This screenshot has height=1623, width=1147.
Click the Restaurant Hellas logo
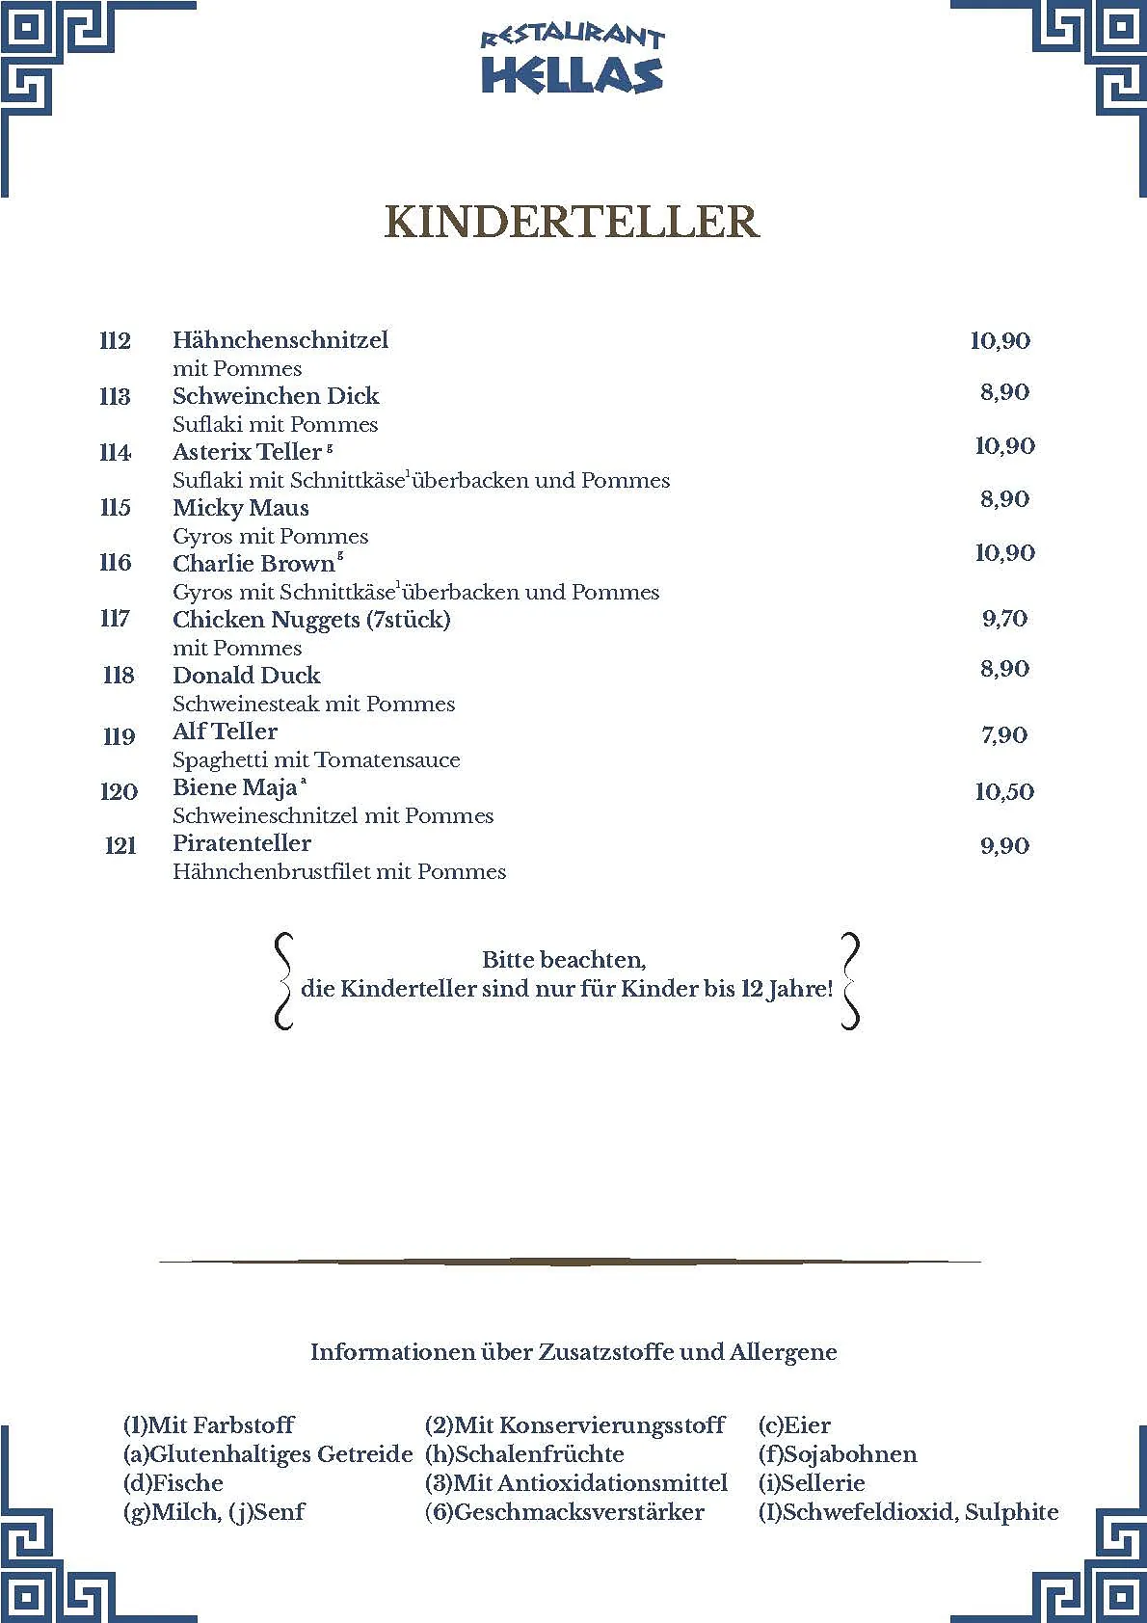tap(573, 61)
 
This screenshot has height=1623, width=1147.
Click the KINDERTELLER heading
tap(572, 222)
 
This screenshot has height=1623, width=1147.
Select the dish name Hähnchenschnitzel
tap(280, 340)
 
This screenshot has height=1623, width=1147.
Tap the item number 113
tap(116, 396)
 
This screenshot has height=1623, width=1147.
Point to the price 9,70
tap(1004, 619)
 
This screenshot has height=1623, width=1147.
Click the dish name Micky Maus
tap(241, 508)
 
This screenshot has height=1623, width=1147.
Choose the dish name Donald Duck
tap(247, 676)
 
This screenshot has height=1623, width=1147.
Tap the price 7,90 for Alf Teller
tap(1004, 735)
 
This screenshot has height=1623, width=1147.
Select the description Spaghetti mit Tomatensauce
tap(316, 760)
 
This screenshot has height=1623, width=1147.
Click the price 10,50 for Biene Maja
tap(1004, 792)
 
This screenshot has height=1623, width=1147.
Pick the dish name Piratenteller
tap(242, 843)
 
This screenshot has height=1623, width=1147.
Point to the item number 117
tap(116, 619)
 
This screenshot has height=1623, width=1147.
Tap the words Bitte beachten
tap(564, 960)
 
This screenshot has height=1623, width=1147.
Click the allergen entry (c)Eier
tap(794, 1425)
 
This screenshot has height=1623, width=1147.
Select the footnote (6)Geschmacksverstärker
tap(565, 1512)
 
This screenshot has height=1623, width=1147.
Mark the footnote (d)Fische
tap(173, 1483)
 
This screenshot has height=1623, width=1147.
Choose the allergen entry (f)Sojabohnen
tap(838, 1454)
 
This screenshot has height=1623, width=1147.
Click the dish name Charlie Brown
tap(253, 564)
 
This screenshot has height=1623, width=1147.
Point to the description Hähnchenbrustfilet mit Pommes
tap(339, 872)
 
